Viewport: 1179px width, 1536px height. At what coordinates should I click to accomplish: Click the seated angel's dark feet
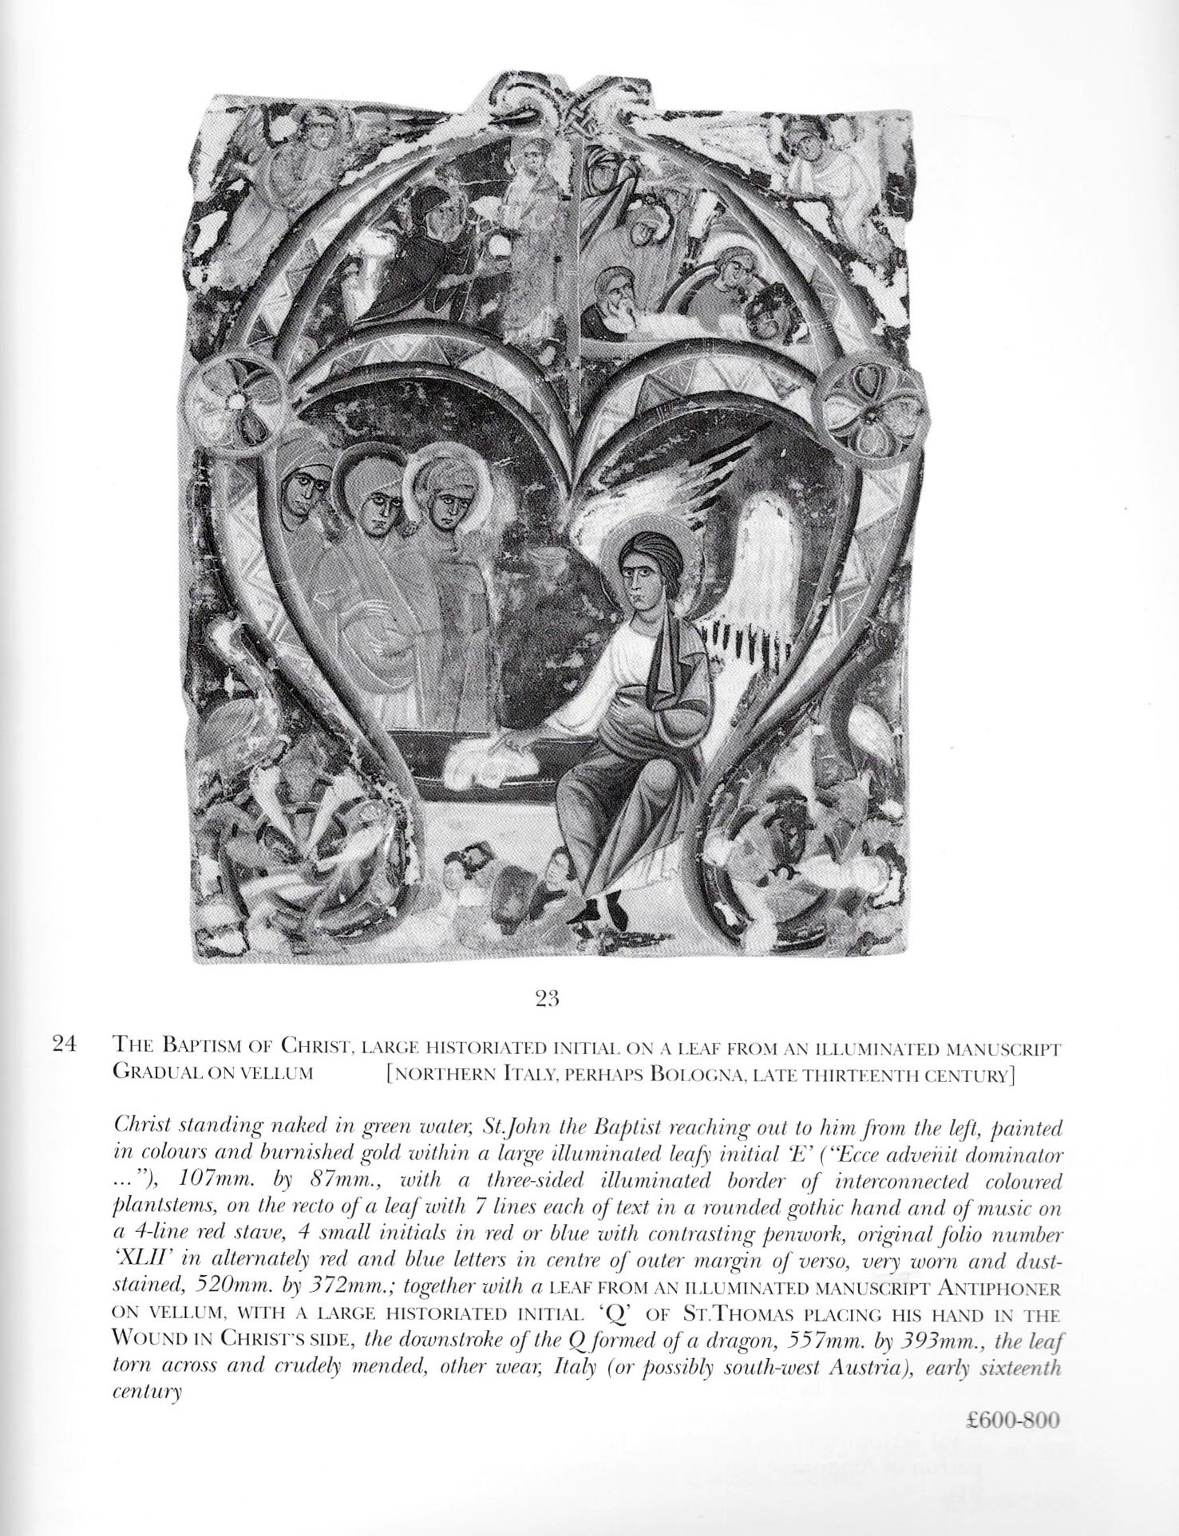pyautogui.click(x=603, y=907)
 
